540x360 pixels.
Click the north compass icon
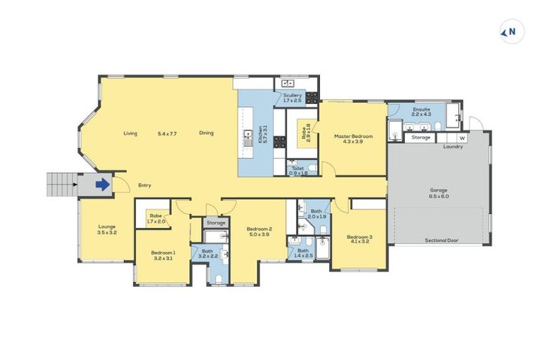[511, 32]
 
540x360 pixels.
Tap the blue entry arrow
[102, 185]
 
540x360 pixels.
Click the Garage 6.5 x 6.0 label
[439, 194]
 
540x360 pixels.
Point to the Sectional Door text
[442, 240]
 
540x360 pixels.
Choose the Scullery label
[292, 98]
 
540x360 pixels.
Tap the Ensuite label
[422, 113]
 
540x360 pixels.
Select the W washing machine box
[462, 138]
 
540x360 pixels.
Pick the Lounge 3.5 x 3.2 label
[107, 229]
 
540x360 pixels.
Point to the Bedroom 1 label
[163, 255]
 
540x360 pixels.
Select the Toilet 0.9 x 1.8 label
[298, 171]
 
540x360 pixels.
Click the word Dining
[206, 133]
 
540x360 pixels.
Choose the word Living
[130, 133]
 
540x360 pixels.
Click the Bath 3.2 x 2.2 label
[207, 254]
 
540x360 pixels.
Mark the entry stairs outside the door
[62, 184]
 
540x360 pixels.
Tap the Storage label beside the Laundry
[421, 138]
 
